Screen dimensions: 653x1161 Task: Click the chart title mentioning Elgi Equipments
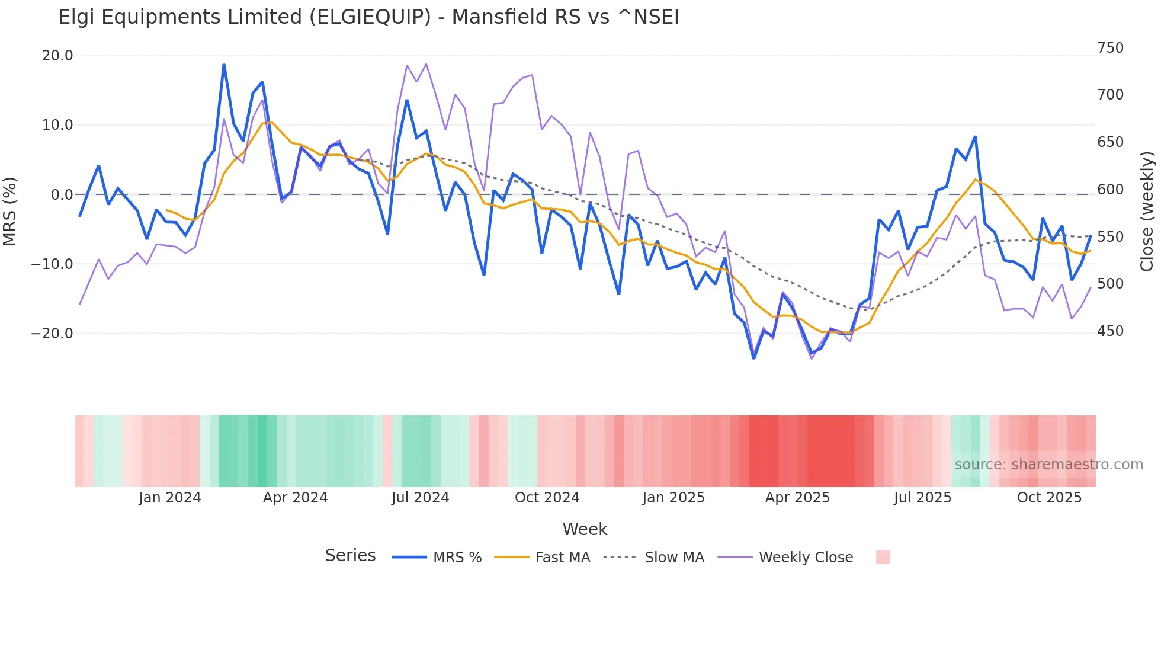[368, 17]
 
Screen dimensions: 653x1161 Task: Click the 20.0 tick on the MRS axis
[57, 56]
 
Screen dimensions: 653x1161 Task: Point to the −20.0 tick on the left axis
[52, 334]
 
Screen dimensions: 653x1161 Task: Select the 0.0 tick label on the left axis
[62, 195]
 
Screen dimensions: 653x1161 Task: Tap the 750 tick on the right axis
[1110, 48]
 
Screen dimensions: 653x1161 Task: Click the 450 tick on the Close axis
[1110, 331]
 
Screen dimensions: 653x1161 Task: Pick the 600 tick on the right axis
[1110, 190]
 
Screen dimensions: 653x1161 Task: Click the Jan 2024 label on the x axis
[170, 498]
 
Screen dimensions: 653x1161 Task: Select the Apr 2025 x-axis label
[797, 498]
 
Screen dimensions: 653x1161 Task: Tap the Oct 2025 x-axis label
[1049, 498]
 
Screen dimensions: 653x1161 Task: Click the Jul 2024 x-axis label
[421, 498]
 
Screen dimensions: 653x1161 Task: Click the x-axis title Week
[585, 529]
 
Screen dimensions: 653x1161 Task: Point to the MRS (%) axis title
[10, 212]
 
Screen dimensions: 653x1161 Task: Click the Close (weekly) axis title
[1147, 212]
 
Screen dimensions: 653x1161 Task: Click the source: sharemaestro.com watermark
[1048, 465]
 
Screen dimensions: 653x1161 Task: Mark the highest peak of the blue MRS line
[224, 65]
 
